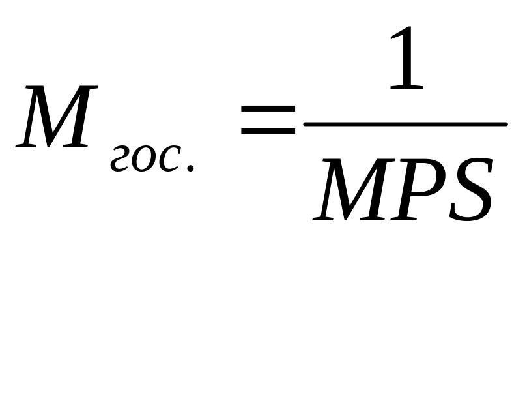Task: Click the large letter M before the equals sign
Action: [x=57, y=116]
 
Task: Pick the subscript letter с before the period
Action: [x=169, y=159]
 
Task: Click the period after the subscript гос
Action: [x=190, y=168]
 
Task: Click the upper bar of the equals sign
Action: [x=268, y=109]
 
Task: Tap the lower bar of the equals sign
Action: [x=268, y=132]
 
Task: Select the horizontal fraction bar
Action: [x=405, y=124]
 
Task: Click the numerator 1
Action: [x=406, y=57]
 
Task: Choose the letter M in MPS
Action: [x=354, y=189]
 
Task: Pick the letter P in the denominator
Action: [x=420, y=189]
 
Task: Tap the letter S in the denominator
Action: [x=471, y=189]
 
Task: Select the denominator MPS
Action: [x=403, y=189]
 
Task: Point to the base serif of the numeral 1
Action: [x=406, y=87]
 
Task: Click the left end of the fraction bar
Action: [x=304, y=124]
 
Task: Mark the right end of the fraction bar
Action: [x=507, y=124]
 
